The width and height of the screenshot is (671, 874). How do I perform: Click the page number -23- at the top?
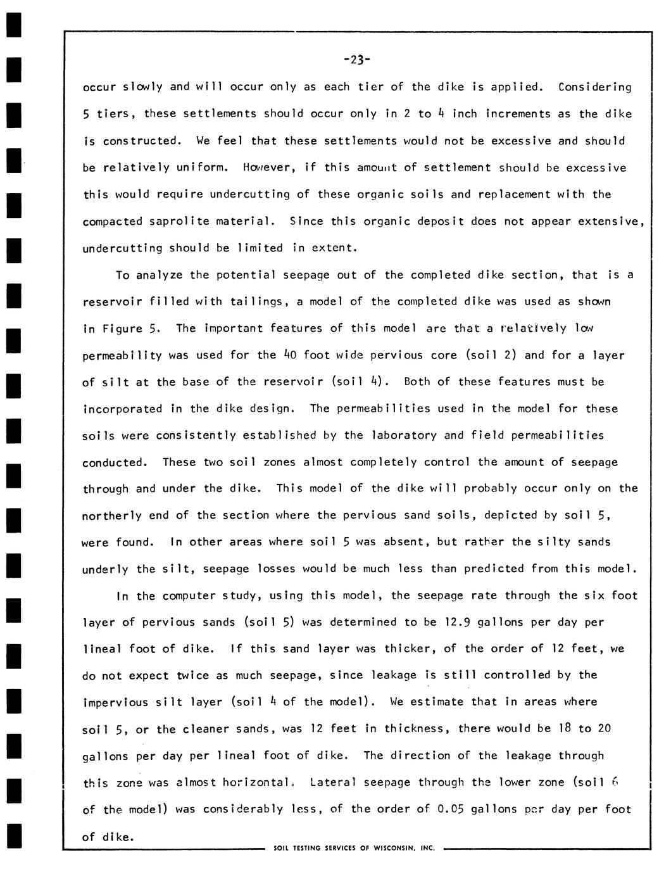357,60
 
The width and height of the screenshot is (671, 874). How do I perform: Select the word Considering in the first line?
594,87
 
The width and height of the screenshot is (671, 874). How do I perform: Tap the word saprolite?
179,221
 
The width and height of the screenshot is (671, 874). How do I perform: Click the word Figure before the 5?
120,328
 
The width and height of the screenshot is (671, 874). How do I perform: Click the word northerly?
112,516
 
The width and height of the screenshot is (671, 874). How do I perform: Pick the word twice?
192,675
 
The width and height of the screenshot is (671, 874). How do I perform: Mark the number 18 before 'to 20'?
564,728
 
